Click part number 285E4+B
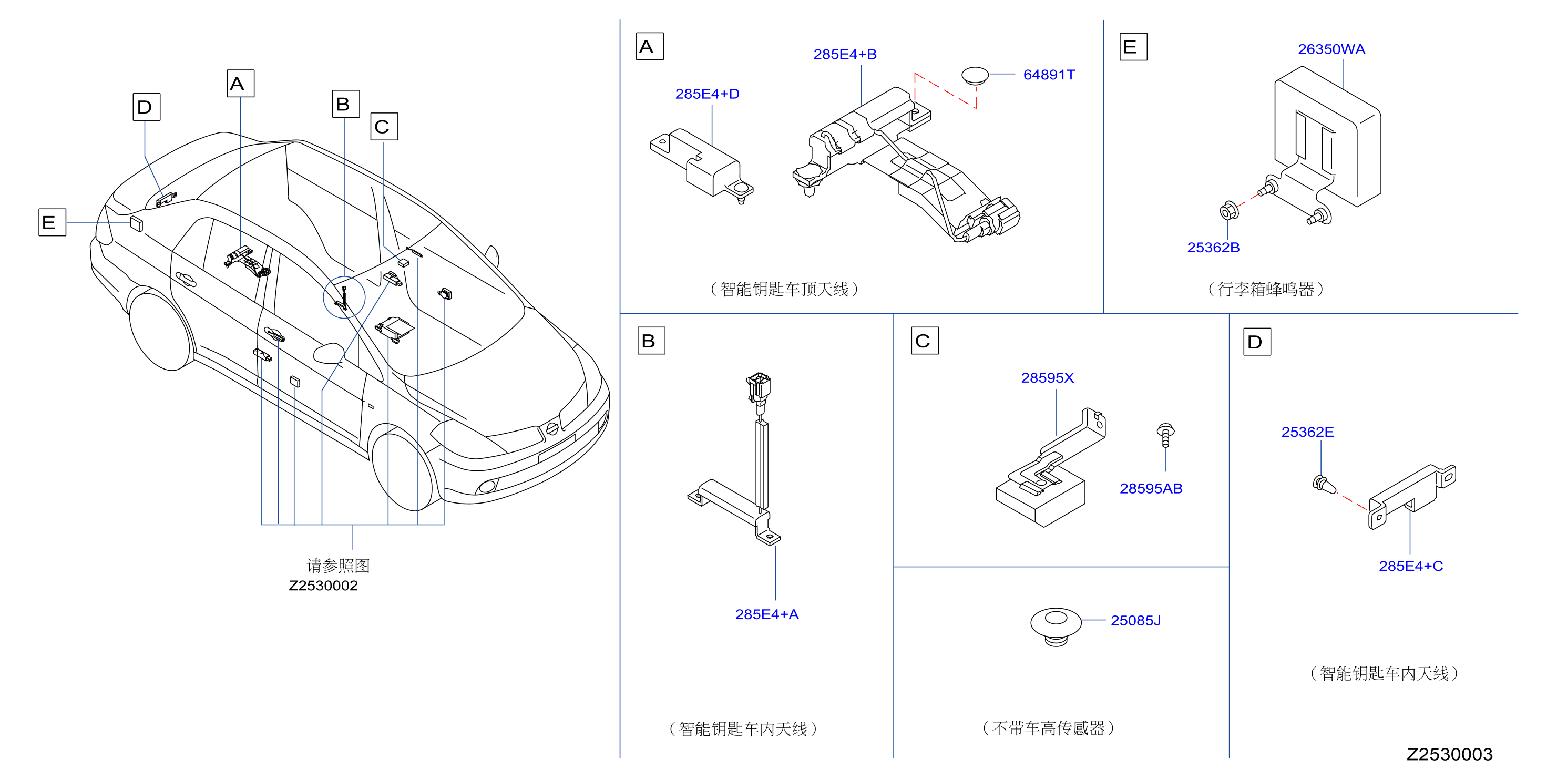[x=844, y=54]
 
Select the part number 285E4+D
[x=707, y=94]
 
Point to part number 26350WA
[x=1331, y=49]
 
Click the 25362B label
[x=1213, y=247]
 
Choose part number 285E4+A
[x=767, y=614]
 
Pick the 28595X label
[x=1048, y=377]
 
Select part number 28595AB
[x=1151, y=488]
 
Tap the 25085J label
[x=1136, y=621]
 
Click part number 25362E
[x=1307, y=432]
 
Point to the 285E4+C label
[x=1411, y=566]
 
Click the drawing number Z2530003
[x=1449, y=754]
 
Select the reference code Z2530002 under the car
[x=323, y=586]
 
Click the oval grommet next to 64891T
[x=975, y=76]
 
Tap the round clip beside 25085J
[x=1056, y=625]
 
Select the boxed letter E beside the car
[x=52, y=222]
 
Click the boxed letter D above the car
[x=146, y=107]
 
